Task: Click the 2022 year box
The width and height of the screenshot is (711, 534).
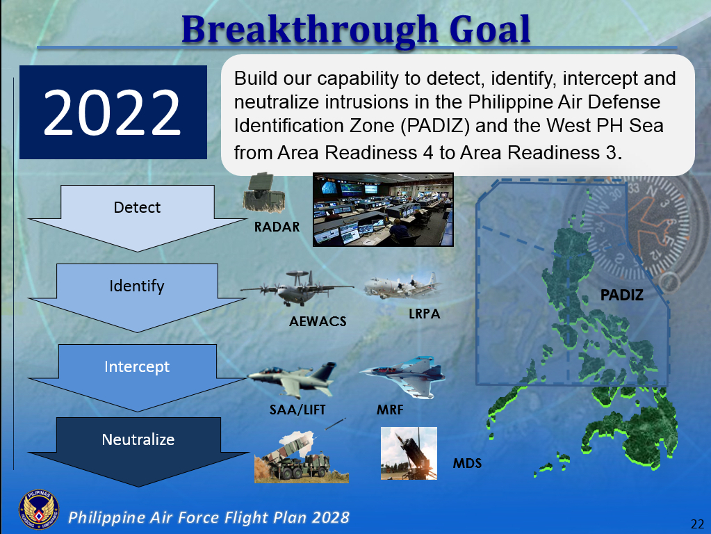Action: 113,113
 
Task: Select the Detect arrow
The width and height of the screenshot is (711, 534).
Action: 137,212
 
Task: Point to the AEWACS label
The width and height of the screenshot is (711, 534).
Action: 318,322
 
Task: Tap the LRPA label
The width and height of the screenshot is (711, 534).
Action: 424,314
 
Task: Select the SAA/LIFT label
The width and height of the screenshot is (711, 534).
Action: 298,410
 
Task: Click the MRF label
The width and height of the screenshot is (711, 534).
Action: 390,410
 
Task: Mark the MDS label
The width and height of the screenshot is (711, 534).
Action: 467,462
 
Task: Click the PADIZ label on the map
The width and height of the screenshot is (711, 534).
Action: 622,296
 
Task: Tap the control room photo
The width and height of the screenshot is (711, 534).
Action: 383,209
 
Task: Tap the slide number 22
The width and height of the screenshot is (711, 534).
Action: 696,524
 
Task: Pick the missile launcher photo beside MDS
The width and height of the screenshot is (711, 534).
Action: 409,453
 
